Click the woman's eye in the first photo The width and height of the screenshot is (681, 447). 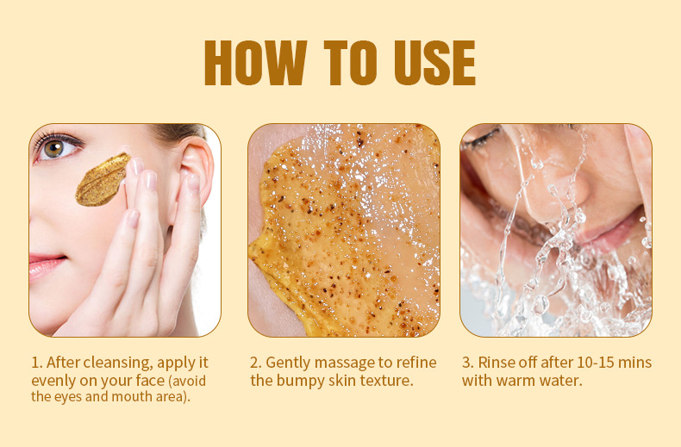pyautogui.click(x=53, y=147)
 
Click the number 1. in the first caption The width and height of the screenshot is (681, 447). pyautogui.click(x=36, y=363)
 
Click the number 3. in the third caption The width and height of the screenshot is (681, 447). pyautogui.click(x=467, y=363)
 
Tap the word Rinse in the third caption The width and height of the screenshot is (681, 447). pyautogui.click(x=497, y=363)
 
